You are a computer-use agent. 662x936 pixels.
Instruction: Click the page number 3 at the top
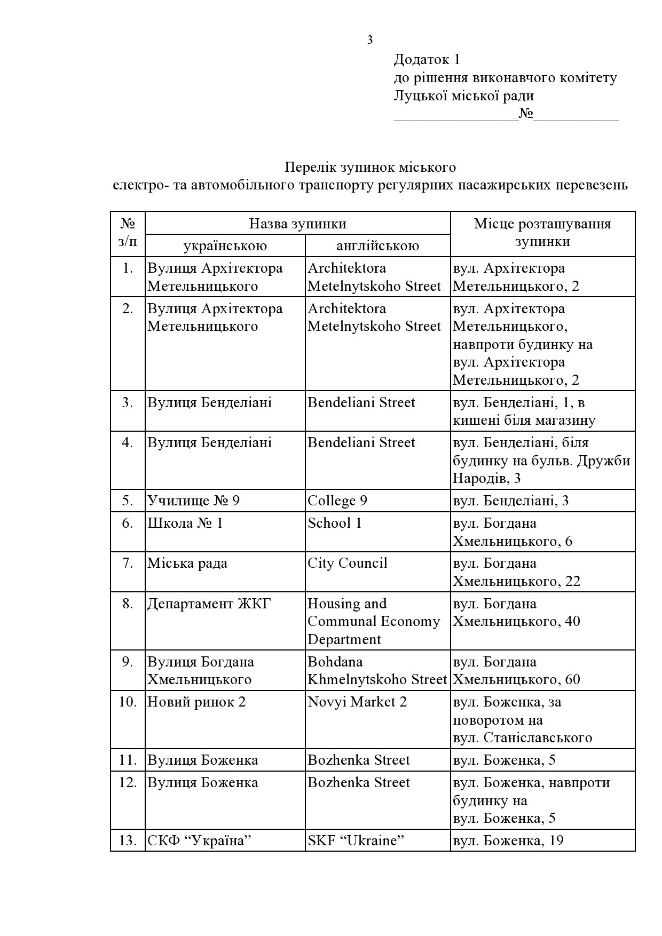(370, 40)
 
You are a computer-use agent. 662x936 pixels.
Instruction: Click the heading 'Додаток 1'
(427, 59)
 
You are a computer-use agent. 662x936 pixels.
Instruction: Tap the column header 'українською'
(225, 245)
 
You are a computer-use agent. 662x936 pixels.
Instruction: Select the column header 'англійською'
(377, 245)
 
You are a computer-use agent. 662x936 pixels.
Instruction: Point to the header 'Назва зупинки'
(297, 224)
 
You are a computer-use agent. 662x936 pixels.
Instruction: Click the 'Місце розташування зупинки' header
(542, 233)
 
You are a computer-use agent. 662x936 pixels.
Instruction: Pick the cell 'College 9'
(337, 501)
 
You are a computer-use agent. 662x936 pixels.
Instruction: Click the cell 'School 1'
(335, 523)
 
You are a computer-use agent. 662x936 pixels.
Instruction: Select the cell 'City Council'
(347, 563)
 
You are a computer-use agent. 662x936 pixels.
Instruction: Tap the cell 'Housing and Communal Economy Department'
(374, 621)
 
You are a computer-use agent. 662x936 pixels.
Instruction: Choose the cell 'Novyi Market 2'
(357, 702)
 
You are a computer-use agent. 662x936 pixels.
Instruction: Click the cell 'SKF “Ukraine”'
(356, 840)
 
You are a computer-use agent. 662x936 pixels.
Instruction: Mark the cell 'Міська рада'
(187, 563)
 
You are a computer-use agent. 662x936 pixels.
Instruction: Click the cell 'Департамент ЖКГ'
(209, 604)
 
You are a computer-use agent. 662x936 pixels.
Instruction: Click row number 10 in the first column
(128, 702)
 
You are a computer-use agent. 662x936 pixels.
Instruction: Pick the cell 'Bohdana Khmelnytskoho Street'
(376, 670)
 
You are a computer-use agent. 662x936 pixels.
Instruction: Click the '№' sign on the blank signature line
(526, 114)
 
